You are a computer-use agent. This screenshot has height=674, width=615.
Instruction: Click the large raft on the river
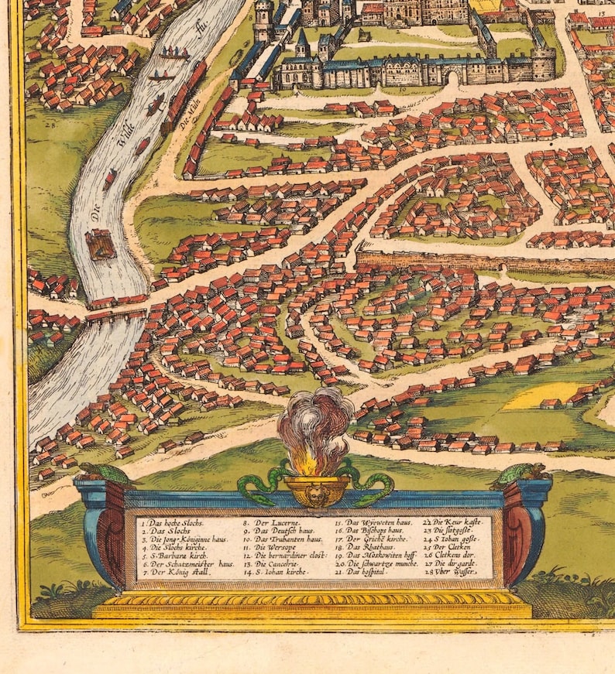pyautogui.click(x=100, y=244)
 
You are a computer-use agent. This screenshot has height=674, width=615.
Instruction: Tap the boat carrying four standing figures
pyautogui.click(x=174, y=54)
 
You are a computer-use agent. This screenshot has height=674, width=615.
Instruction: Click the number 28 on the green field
pyautogui.click(x=50, y=124)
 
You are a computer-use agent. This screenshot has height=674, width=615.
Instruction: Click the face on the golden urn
pyautogui.click(x=316, y=491)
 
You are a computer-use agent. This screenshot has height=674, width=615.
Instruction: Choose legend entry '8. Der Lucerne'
pyautogui.click(x=268, y=524)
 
